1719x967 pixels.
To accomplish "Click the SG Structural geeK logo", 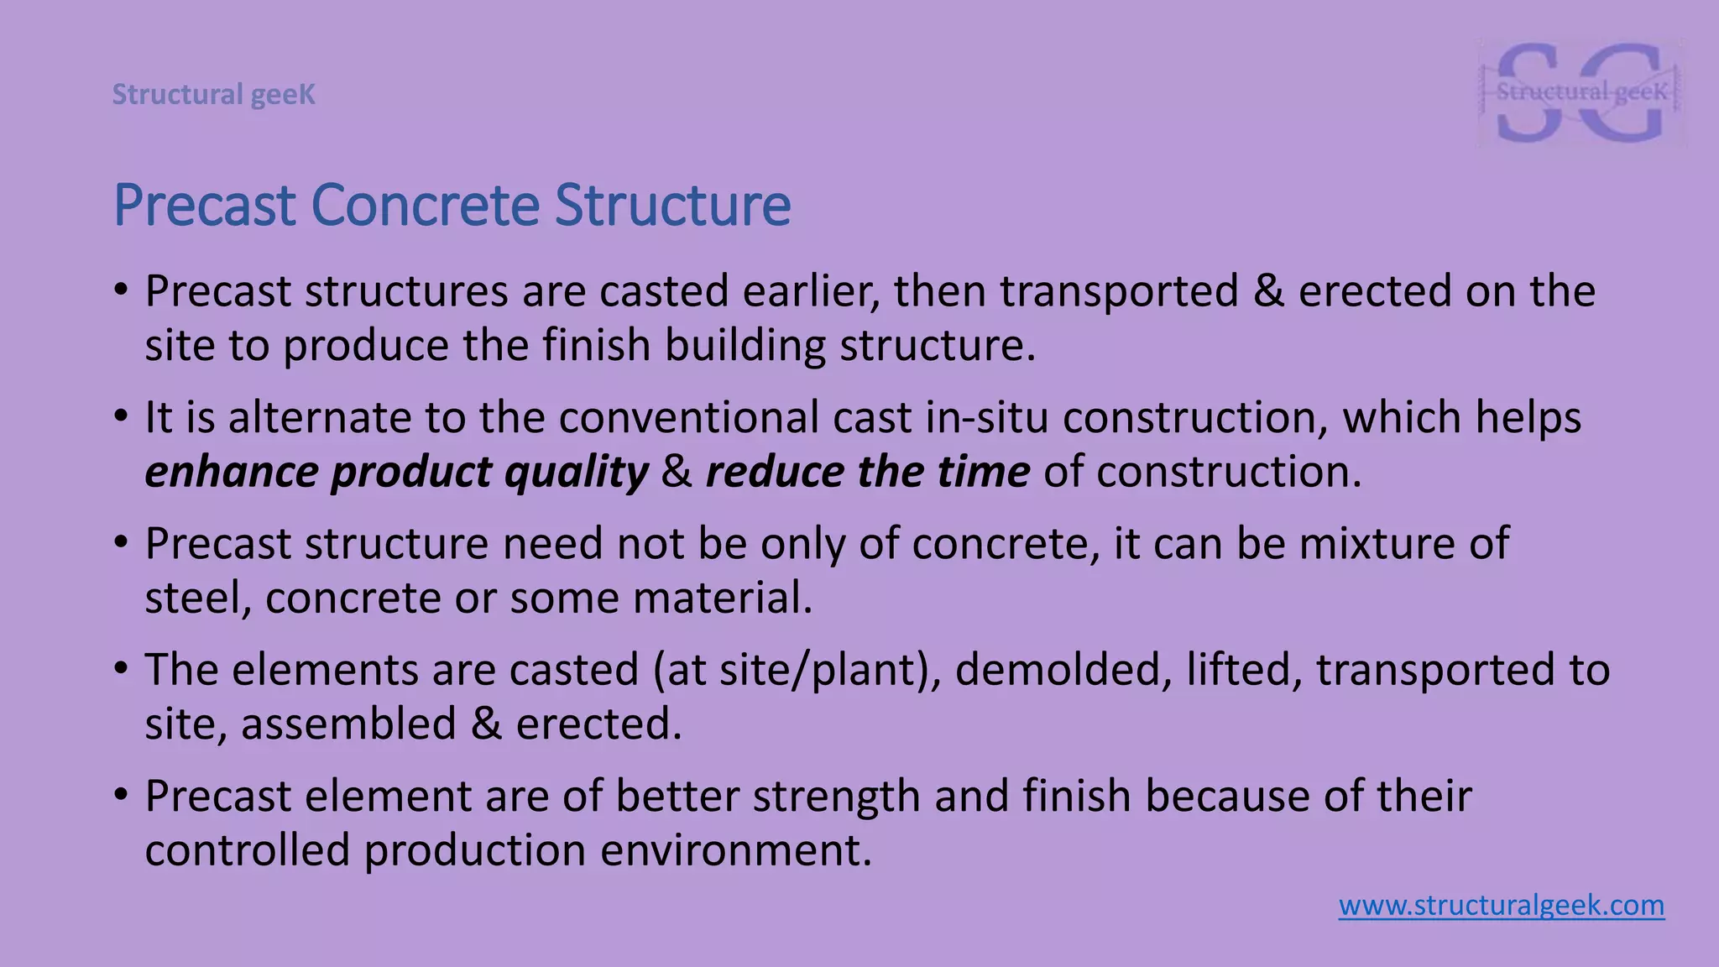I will pos(1581,92).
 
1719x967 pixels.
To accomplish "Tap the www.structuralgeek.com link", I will pos(1501,906).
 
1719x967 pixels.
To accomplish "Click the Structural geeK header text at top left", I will pos(214,95).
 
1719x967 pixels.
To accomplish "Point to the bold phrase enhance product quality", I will pos(396,472).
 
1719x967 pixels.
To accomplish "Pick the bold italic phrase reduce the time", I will pos(867,472).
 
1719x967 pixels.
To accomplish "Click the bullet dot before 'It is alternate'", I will pos(122,416).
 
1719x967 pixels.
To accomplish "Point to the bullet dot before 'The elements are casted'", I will pos(122,668).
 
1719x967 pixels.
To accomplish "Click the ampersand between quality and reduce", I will pos(677,472).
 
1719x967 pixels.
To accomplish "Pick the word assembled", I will pos(348,724).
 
